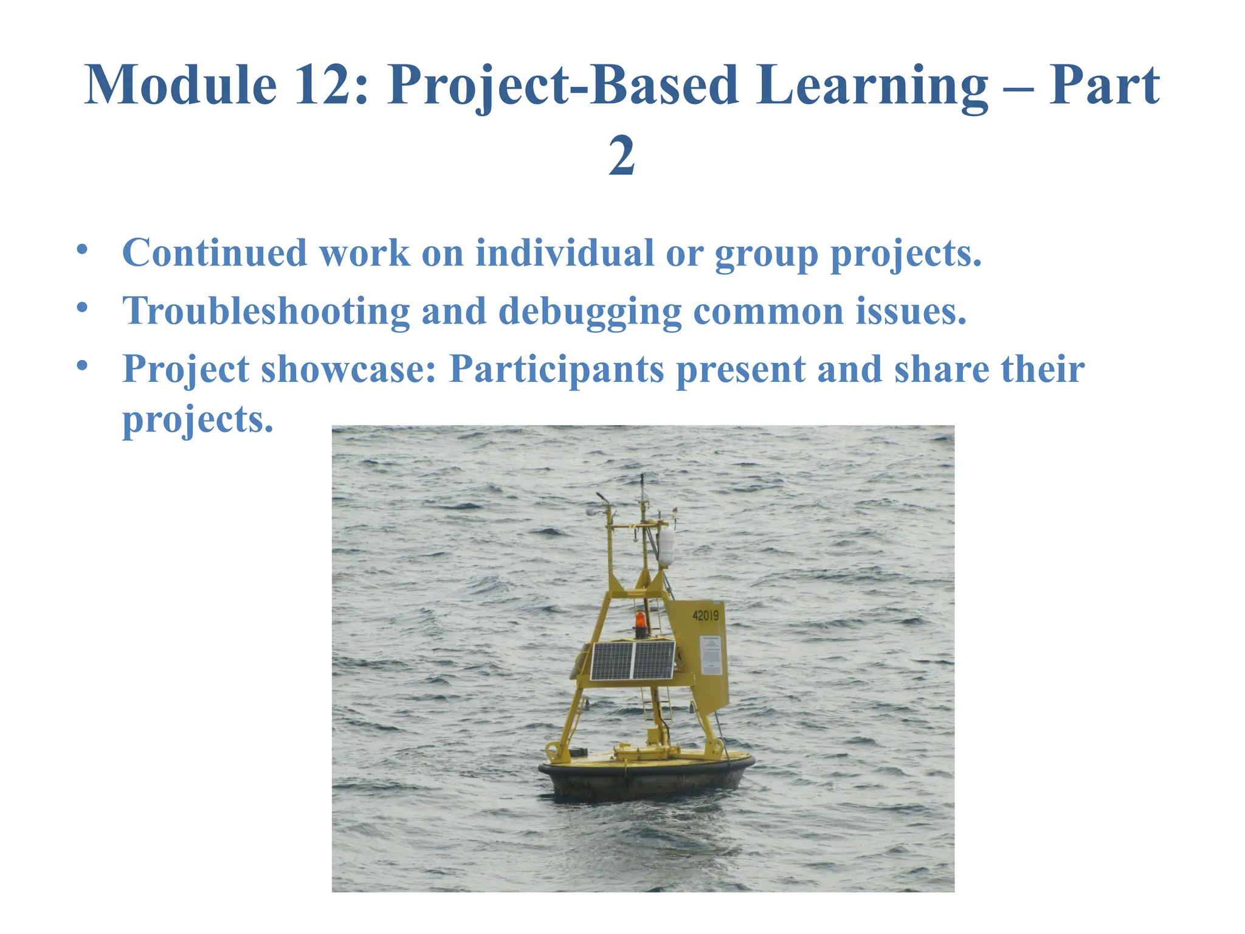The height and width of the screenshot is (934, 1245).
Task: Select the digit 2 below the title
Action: pyautogui.click(x=622, y=156)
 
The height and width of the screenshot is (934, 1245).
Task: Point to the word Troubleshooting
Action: pyautogui.click(x=266, y=311)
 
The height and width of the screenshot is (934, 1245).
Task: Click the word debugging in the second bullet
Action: pyautogui.click(x=590, y=311)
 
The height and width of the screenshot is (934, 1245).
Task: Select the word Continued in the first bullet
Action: pyautogui.click(x=215, y=252)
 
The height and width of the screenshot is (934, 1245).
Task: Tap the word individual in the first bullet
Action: pyautogui.click(x=564, y=252)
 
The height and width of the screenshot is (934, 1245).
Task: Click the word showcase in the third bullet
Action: pyautogui.click(x=348, y=369)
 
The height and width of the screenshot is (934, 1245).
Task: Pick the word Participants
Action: pyautogui.click(x=556, y=369)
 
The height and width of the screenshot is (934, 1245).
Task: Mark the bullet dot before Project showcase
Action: pyautogui.click(x=82, y=365)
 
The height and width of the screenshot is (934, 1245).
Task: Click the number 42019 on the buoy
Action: pyautogui.click(x=705, y=615)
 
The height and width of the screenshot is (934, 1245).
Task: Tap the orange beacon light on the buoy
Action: pyautogui.click(x=641, y=621)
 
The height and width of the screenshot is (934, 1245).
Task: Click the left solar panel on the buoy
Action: pyautogui.click(x=612, y=661)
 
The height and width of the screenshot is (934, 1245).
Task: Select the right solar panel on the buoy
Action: pyautogui.click(x=654, y=660)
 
